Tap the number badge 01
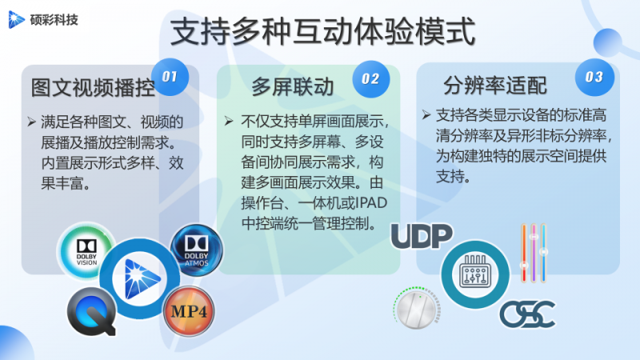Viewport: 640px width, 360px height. click(169, 77)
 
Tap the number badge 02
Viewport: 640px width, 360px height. click(370, 78)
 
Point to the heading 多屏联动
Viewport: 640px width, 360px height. click(293, 86)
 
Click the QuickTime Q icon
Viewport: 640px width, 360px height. click(88, 311)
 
